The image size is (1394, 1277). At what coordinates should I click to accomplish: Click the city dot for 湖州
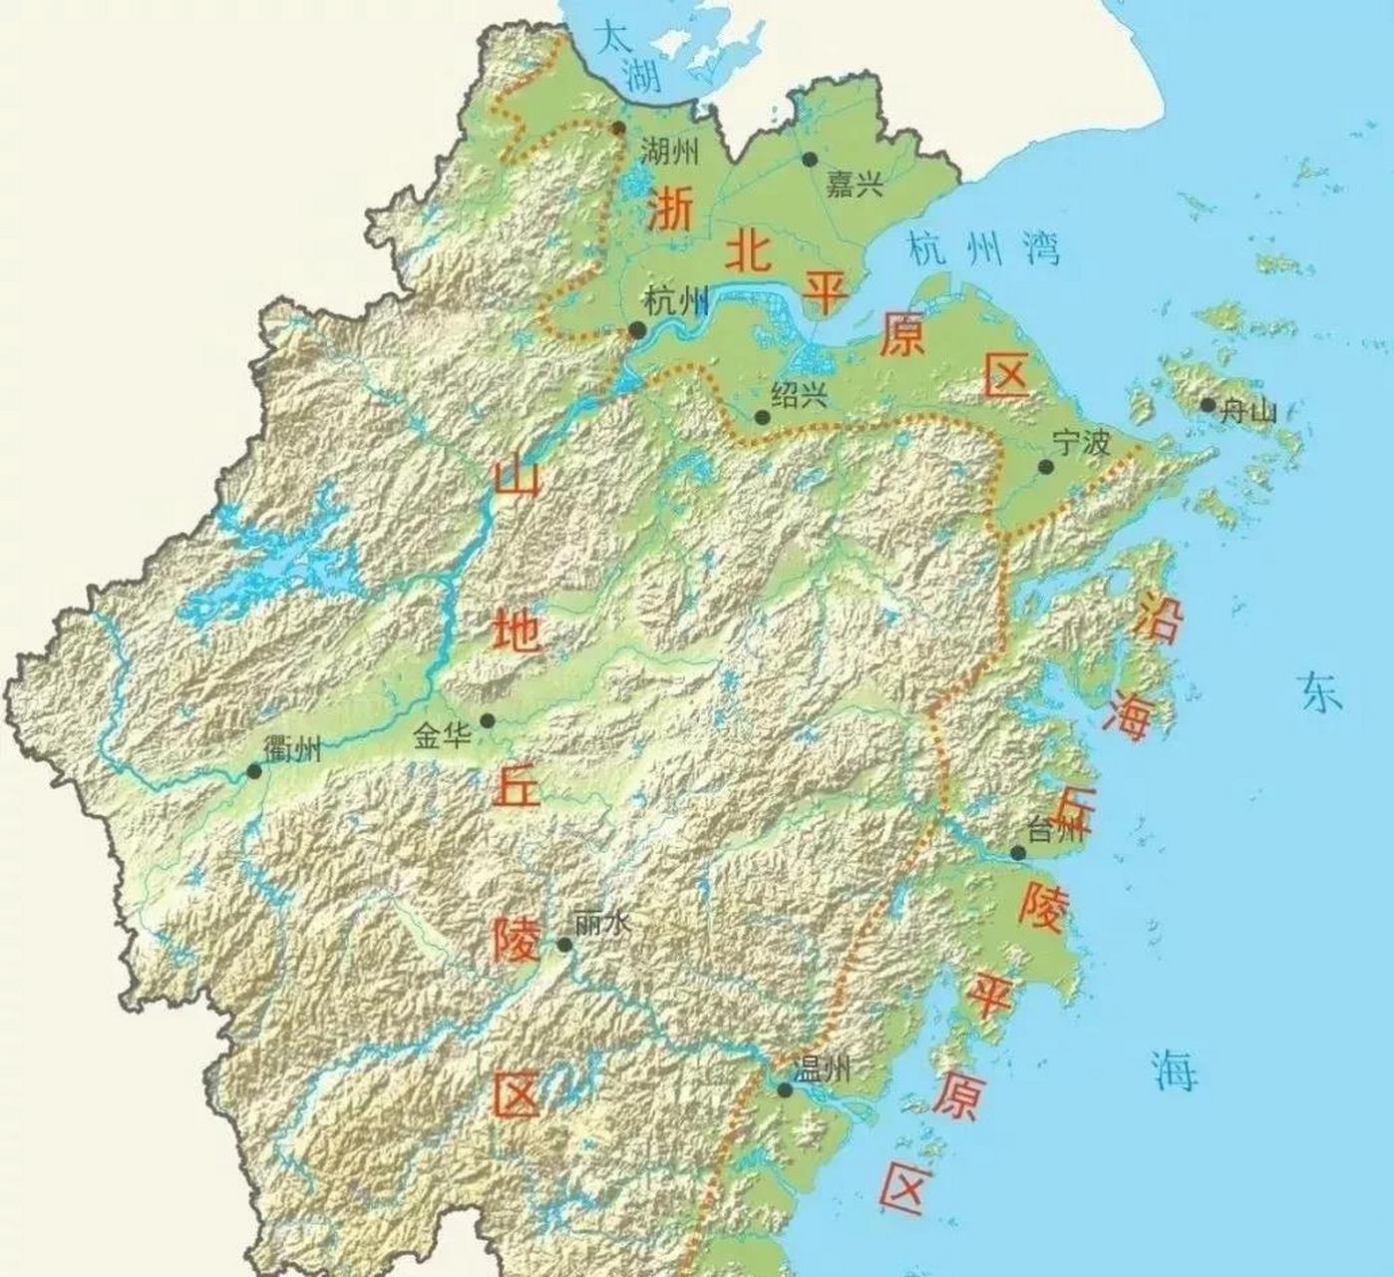(618, 129)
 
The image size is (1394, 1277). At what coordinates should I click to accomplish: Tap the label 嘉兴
(855, 185)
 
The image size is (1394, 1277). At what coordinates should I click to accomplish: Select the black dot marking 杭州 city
(636, 330)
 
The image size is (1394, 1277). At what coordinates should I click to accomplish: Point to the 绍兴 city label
(800, 395)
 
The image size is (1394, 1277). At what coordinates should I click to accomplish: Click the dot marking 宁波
(1045, 467)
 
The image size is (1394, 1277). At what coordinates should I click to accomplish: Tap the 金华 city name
(443, 737)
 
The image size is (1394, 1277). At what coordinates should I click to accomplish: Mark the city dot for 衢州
(254, 771)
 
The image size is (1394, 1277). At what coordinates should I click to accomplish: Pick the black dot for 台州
(1017, 853)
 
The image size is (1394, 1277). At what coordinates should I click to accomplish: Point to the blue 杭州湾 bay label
(983, 248)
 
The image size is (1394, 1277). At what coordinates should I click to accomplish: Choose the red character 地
(518, 630)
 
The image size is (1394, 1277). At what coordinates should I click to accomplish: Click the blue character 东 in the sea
(1320, 691)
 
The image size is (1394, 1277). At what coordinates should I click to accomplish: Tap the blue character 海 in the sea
(1176, 1069)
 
